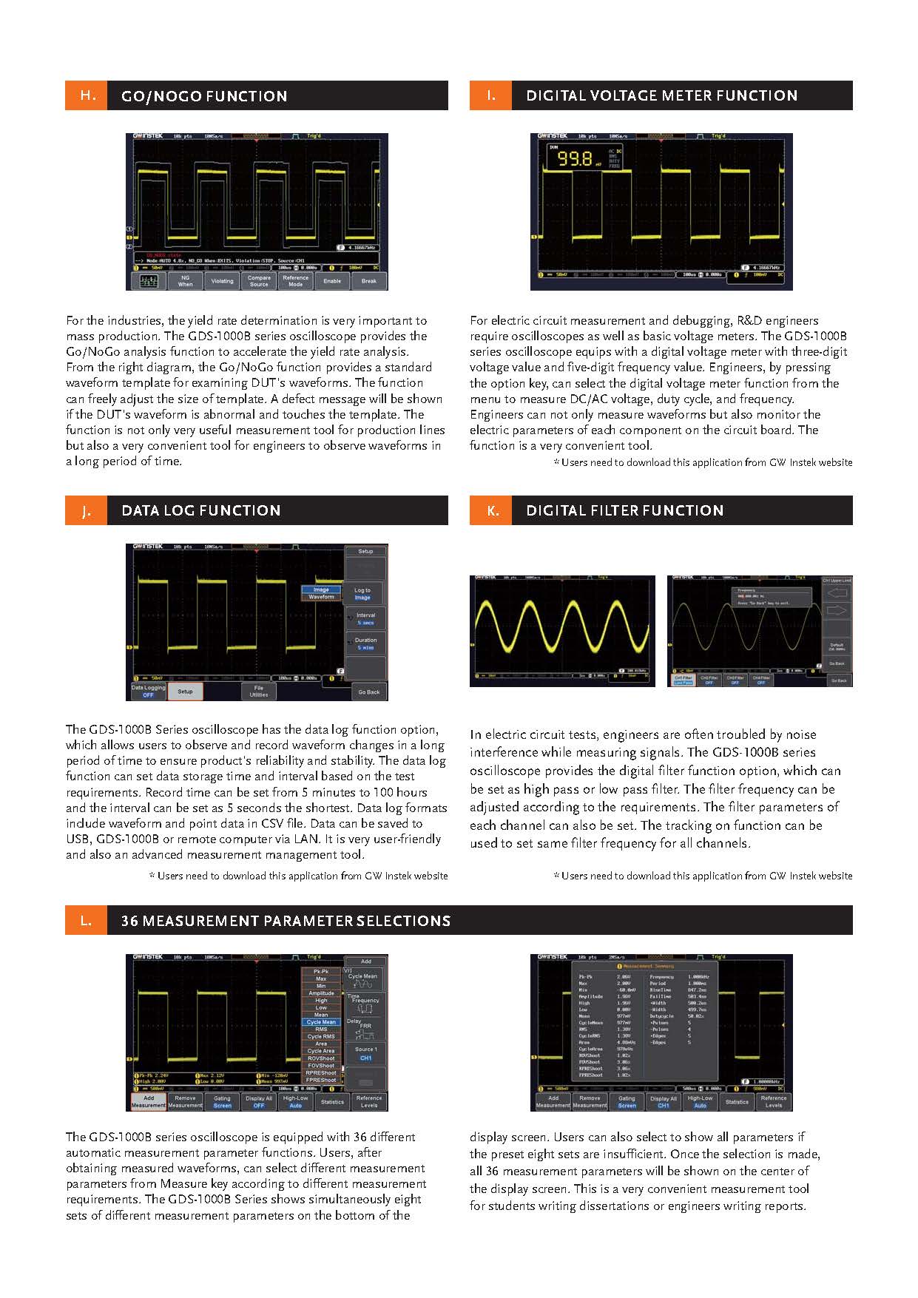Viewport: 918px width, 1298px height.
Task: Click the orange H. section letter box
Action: [x=87, y=96]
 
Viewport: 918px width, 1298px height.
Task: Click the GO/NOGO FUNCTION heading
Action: [x=203, y=96]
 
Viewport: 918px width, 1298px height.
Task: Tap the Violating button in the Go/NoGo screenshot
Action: [x=222, y=281]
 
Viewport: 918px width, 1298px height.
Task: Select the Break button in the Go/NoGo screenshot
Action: [x=368, y=281]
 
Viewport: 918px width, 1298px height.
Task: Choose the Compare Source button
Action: [x=259, y=281]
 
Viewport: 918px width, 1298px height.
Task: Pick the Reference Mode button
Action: [x=295, y=281]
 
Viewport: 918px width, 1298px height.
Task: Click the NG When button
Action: [x=185, y=281]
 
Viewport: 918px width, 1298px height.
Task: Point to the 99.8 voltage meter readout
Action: [x=575, y=158]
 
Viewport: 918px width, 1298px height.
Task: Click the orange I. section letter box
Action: [x=490, y=96]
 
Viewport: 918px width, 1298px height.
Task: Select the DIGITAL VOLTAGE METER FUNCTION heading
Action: [x=661, y=96]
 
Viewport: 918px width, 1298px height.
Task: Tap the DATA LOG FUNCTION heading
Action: [x=200, y=510]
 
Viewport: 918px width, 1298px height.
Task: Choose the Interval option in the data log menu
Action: [x=365, y=618]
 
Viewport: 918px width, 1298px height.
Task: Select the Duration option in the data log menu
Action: [x=365, y=643]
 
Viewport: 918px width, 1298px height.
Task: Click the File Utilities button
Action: [x=259, y=692]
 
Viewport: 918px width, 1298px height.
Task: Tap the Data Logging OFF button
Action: [x=148, y=692]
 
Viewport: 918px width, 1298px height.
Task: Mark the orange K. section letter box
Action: [x=490, y=510]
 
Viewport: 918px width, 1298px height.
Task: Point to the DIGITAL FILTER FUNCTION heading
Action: [x=624, y=510]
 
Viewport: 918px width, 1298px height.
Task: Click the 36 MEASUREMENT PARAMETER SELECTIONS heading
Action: [x=286, y=921]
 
